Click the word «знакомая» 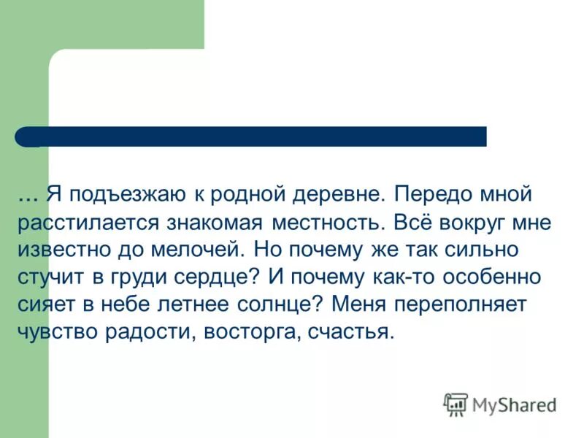[214, 223]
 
